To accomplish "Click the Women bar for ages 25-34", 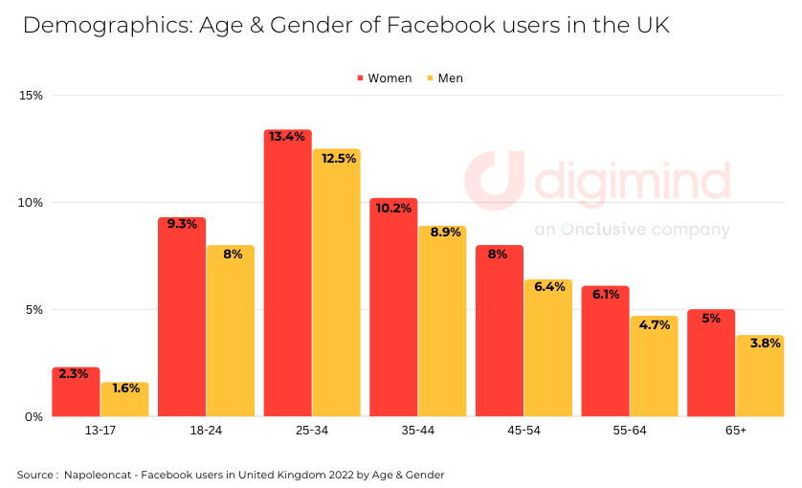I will [x=288, y=277].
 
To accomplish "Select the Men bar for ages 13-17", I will [x=125, y=400].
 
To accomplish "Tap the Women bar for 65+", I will [x=711, y=364].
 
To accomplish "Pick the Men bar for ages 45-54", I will [x=547, y=349].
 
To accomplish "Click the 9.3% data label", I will [x=182, y=225].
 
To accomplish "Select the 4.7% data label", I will [x=655, y=324].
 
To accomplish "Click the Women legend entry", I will [x=384, y=78].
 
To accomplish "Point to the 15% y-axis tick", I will [x=32, y=96].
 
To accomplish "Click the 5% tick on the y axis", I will [x=34, y=310].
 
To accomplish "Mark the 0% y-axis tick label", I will [x=34, y=417].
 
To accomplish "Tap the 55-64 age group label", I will [x=630, y=432].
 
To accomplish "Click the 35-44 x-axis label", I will [x=417, y=432].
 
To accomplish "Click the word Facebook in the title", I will [x=434, y=26].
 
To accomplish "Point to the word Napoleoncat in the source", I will [x=99, y=475].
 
